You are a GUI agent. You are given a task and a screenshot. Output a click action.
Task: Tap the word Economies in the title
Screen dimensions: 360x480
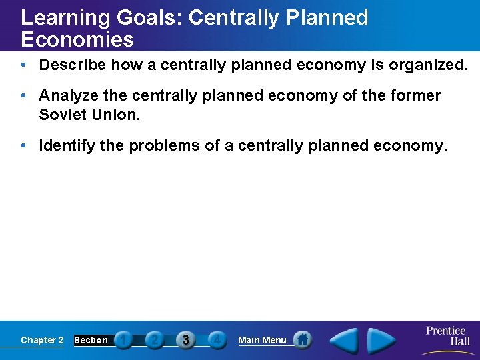coord(77,39)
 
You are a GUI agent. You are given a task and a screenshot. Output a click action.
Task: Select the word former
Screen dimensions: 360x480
coord(415,96)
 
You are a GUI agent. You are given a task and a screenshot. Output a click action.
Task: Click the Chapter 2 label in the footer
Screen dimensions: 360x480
coord(42,340)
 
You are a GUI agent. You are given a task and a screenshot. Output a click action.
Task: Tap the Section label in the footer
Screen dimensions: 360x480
coord(91,340)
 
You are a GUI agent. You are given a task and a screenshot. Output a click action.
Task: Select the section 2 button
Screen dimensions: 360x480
coord(155,340)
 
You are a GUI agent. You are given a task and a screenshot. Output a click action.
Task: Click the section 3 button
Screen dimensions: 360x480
coord(185,340)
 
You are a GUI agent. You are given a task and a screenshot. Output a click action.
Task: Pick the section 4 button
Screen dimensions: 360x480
coord(216,340)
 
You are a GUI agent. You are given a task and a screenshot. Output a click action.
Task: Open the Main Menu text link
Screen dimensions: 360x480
coord(262,340)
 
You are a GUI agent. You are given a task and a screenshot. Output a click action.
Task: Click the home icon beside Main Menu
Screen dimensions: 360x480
coord(303,340)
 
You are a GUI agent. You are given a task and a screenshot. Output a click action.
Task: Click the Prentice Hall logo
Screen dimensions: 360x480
coord(446,337)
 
